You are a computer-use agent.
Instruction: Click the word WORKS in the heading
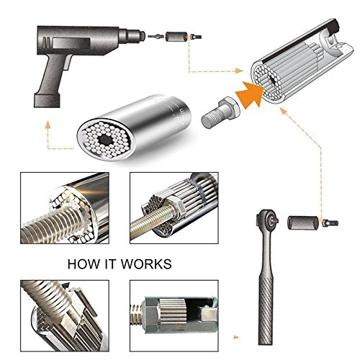point(146,264)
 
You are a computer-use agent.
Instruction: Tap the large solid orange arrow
point(251,94)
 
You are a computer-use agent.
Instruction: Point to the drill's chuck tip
point(143,35)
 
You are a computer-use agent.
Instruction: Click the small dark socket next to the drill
point(176,37)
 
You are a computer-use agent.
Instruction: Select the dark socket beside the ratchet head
point(304,222)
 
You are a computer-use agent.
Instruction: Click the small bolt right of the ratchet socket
point(330,222)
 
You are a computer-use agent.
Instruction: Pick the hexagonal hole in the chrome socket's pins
point(105,139)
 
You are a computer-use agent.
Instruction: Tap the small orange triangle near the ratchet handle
point(236,337)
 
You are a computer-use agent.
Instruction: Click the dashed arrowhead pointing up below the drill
point(48,125)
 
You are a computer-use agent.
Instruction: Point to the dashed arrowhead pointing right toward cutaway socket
point(239,71)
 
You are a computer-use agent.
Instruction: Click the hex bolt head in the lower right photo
point(150,315)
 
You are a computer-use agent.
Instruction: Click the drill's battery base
point(47,100)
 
